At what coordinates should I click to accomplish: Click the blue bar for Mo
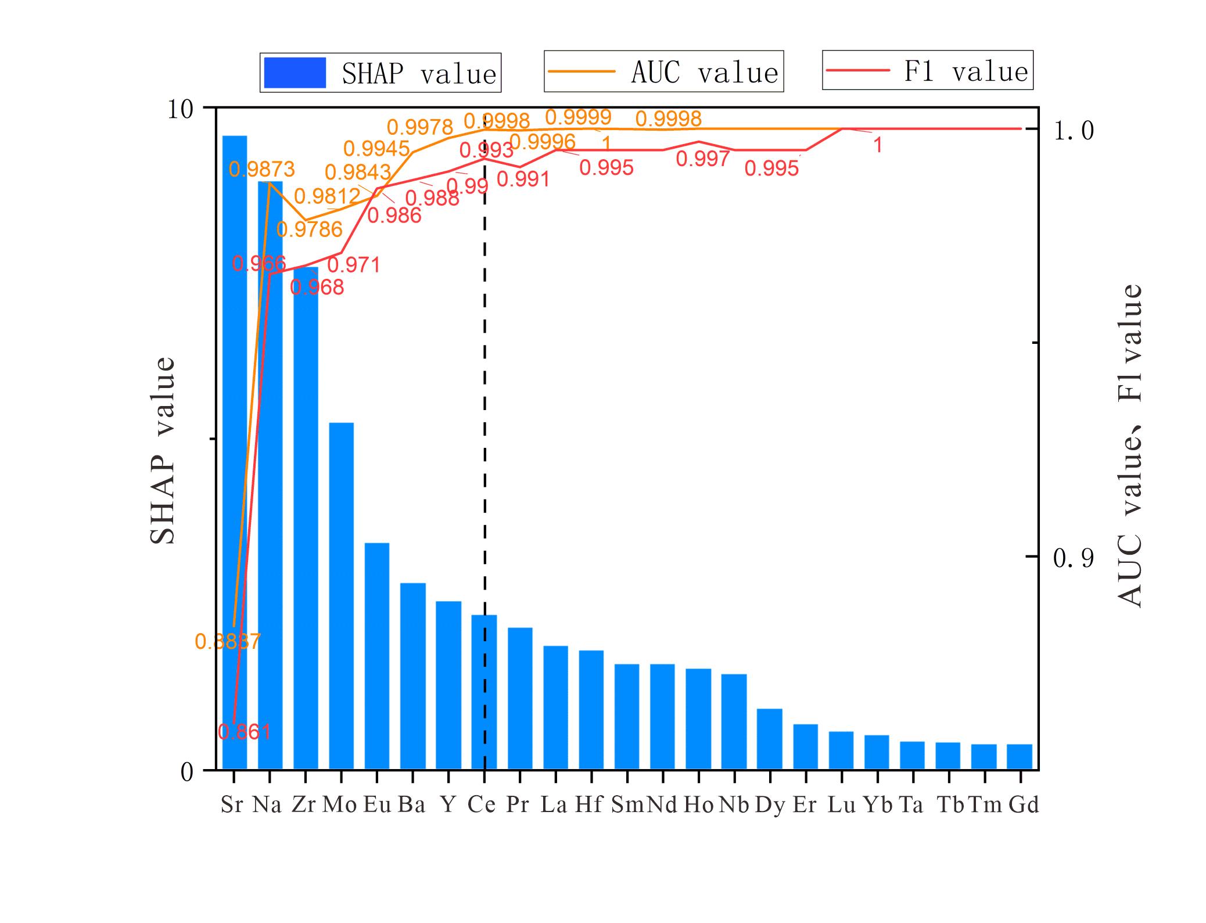tap(341, 595)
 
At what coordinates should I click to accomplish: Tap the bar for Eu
tap(377, 656)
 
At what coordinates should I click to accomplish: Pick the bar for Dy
tap(770, 739)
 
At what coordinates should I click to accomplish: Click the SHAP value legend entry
tap(381, 73)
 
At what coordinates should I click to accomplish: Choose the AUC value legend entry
tap(663, 71)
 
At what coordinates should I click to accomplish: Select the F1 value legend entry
tap(927, 70)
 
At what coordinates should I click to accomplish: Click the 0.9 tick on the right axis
tap(1073, 558)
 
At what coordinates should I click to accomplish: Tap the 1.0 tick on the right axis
tap(1073, 130)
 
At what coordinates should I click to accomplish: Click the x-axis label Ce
tap(482, 805)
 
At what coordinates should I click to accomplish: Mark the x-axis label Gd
tap(1023, 805)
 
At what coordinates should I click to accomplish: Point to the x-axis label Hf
tap(589, 805)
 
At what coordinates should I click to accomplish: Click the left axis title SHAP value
tap(163, 451)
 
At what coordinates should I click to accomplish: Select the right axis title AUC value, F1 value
tap(1130, 446)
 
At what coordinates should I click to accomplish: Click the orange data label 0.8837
tap(228, 642)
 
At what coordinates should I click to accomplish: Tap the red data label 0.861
tap(245, 731)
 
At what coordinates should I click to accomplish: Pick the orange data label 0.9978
tap(420, 127)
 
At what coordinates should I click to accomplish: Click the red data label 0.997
tap(703, 159)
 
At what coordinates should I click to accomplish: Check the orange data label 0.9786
tap(310, 229)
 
